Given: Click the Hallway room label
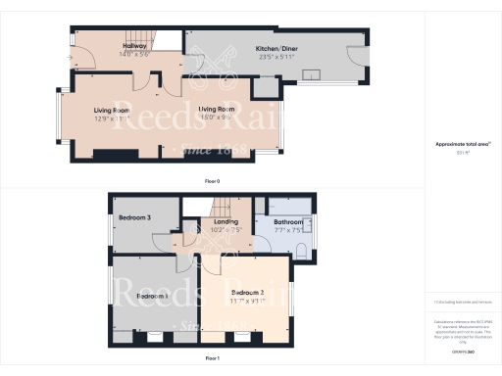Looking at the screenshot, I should click(134, 47).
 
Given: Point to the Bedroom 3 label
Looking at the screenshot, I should click(134, 216).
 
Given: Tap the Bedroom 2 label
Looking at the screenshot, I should click(248, 293).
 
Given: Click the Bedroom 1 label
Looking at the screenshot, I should click(152, 295).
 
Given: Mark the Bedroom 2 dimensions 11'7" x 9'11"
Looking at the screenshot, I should click(248, 302).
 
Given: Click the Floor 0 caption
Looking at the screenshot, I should click(211, 181).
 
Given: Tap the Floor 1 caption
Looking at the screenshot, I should click(211, 359).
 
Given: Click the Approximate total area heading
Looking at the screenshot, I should click(462, 144).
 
